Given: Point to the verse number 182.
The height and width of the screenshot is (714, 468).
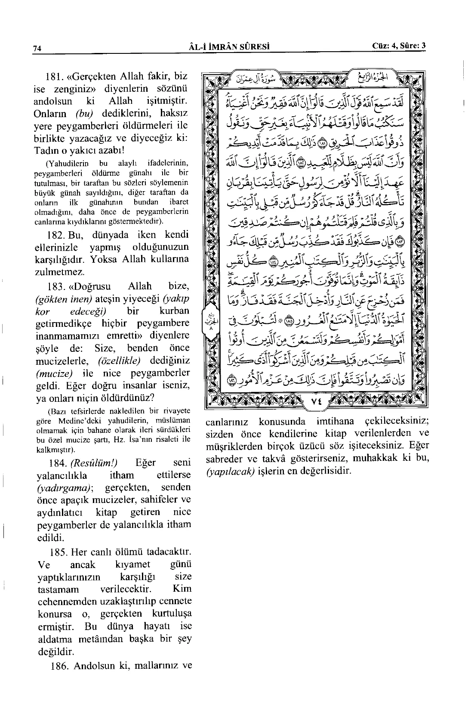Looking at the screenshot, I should coord(54,235).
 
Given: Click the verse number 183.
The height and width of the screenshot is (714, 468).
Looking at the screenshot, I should coord(54,286).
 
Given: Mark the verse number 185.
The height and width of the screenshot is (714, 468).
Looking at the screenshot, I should coord(54,552).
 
